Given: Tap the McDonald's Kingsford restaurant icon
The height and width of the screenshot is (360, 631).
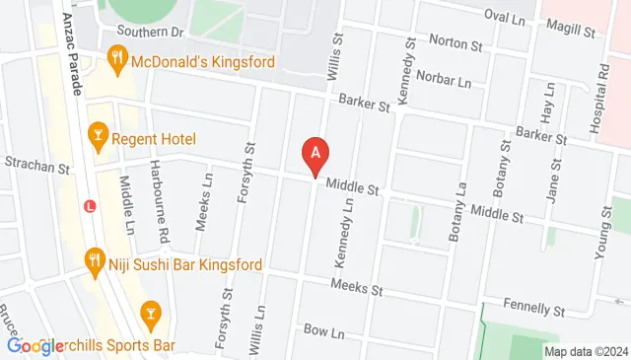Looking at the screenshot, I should pyautogui.click(x=117, y=60).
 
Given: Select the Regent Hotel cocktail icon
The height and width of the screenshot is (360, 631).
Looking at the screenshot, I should pyautogui.click(x=98, y=137).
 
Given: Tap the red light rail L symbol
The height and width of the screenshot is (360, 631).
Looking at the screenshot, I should pyautogui.click(x=90, y=207).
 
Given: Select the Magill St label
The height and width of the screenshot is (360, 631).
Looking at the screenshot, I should pyautogui.click(x=578, y=31).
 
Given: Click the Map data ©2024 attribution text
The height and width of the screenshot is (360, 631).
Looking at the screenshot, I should pyautogui.click(x=586, y=351).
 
